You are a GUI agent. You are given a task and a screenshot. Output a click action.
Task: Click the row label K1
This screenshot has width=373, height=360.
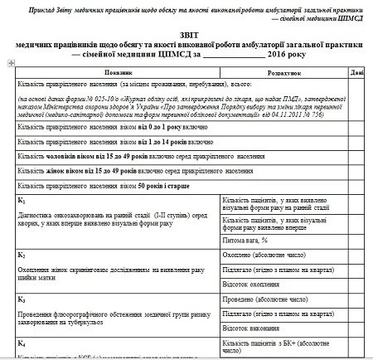22,202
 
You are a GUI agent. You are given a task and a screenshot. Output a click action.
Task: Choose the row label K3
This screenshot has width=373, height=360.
22,296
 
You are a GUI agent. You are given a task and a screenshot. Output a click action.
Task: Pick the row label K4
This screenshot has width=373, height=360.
22,342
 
